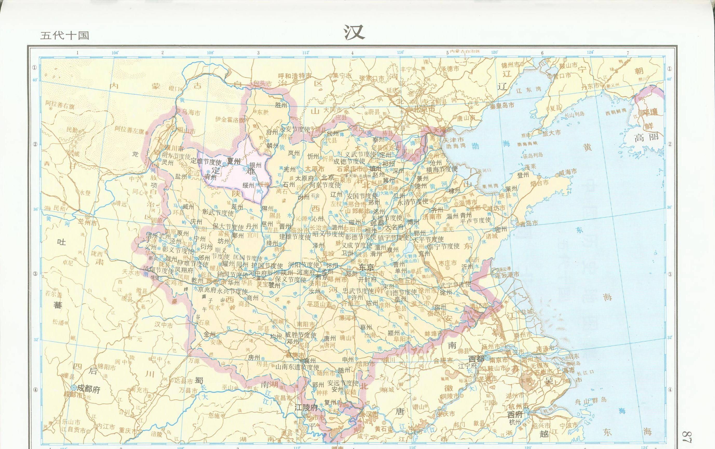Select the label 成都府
click(88, 389)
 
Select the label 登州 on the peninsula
click(523, 175)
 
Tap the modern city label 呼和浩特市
click(295, 76)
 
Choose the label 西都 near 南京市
click(476, 358)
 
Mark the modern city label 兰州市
click(88, 223)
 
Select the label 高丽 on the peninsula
click(646, 137)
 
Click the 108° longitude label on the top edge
click(210, 53)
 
